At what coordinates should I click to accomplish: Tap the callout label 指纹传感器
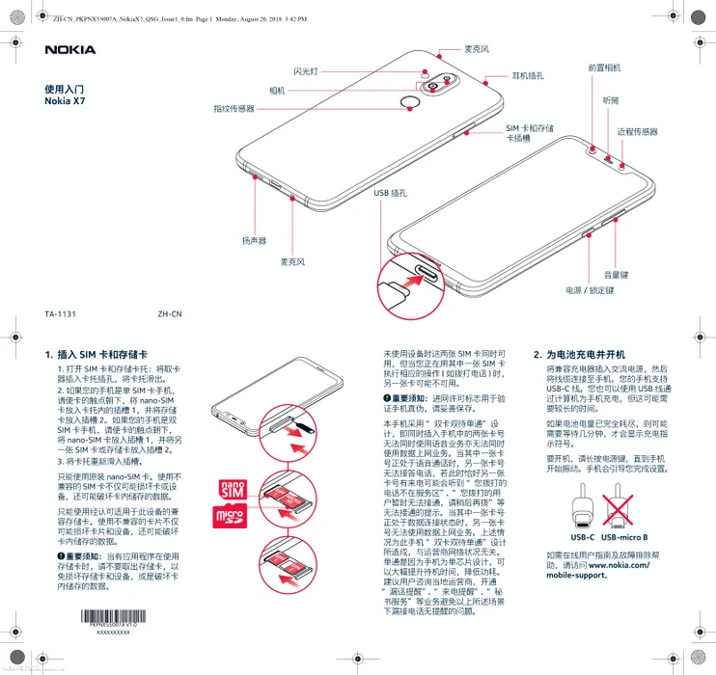234,109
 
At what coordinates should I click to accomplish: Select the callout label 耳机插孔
528,75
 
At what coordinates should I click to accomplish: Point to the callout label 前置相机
604,68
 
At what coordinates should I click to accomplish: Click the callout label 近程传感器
637,131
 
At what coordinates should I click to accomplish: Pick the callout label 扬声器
254,239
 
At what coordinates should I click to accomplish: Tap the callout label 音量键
616,275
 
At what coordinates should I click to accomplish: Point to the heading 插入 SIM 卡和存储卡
101,354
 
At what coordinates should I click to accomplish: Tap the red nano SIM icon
234,490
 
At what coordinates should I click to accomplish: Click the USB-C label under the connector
582,536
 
